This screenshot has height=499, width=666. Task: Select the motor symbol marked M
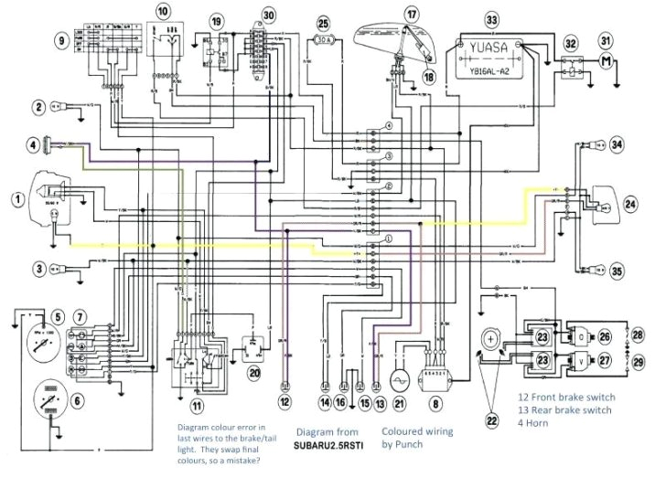[x=605, y=61]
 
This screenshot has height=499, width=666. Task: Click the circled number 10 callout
[x=163, y=11]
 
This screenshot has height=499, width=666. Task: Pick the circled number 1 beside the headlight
[x=16, y=197]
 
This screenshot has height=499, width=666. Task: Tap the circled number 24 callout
[x=630, y=205]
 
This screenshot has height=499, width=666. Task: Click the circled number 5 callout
[x=57, y=316]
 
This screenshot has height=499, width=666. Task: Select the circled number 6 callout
[x=77, y=399]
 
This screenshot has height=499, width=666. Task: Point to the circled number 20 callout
[x=254, y=373]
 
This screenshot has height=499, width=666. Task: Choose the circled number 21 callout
[x=399, y=402]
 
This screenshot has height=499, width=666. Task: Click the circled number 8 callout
[x=436, y=403]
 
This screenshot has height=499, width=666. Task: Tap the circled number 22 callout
[x=492, y=420]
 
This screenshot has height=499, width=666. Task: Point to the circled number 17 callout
[x=412, y=14]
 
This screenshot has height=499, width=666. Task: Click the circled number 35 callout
[x=617, y=271]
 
